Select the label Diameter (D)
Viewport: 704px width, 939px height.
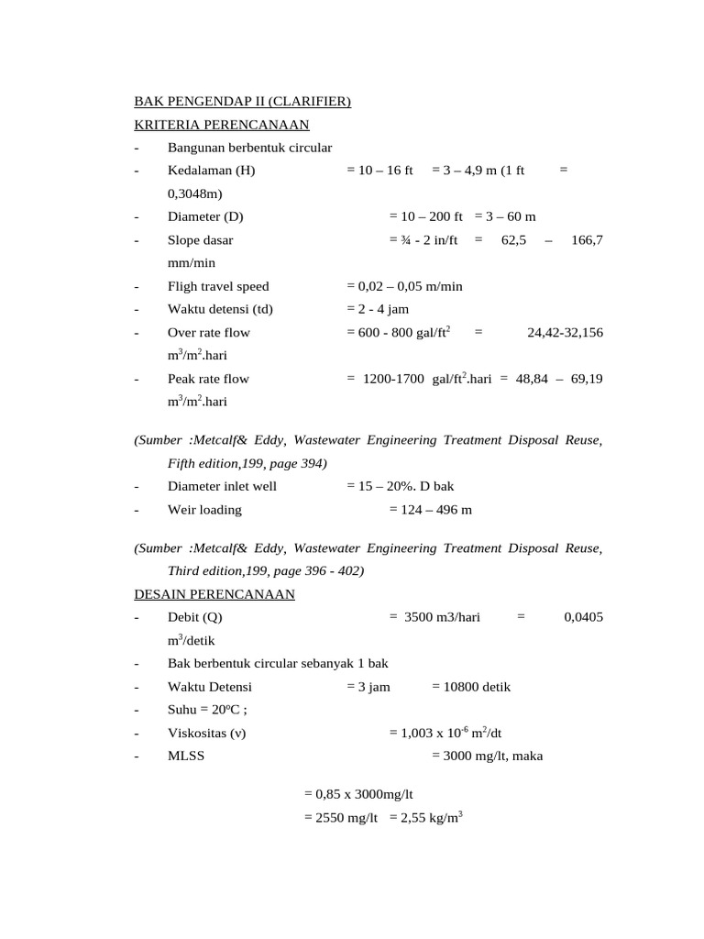(x=205, y=217)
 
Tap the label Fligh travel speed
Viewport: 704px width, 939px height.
(x=218, y=286)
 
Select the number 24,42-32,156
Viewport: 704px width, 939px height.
(x=566, y=333)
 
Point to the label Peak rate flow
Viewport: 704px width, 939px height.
(x=208, y=379)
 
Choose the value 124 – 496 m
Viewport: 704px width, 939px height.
(x=434, y=510)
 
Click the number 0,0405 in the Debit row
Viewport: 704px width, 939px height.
(x=584, y=618)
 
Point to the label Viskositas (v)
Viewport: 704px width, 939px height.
(x=206, y=734)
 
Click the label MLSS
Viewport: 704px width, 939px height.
(x=184, y=757)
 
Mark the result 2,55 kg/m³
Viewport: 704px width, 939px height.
(x=426, y=818)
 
